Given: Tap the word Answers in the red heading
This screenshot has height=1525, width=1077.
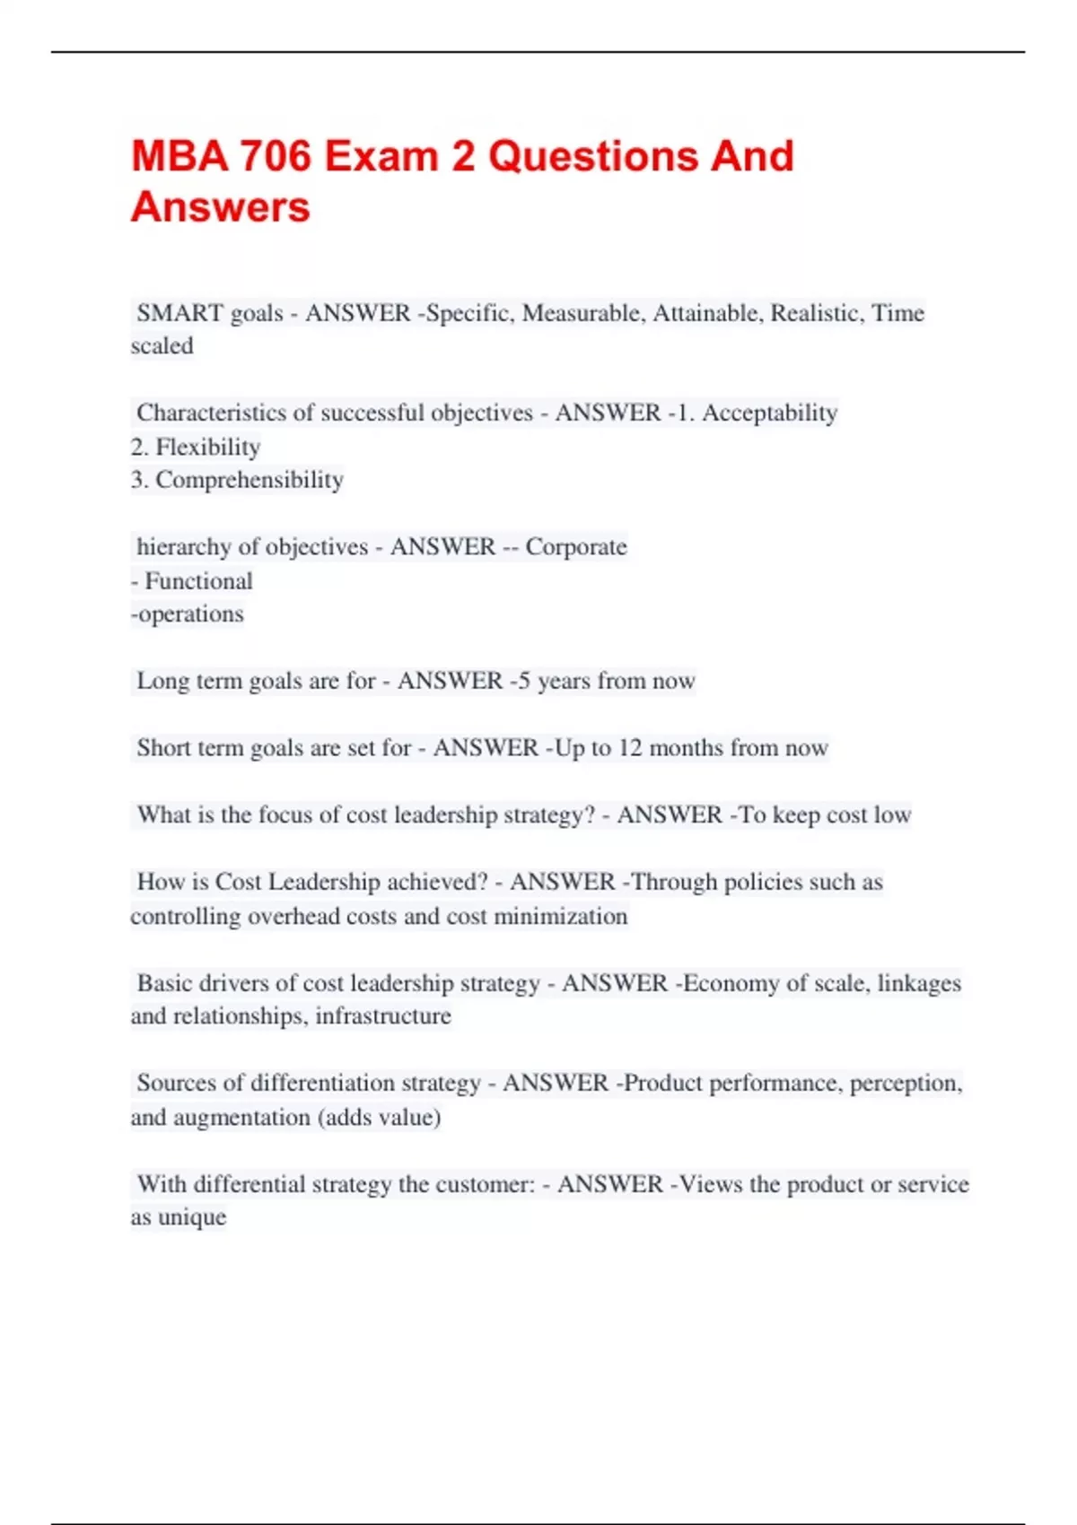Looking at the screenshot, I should (x=221, y=207).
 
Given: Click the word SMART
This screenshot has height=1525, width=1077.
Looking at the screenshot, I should (x=179, y=313).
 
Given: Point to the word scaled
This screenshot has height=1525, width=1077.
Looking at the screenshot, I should (x=162, y=346).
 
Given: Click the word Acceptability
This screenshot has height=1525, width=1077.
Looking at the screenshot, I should (x=769, y=413).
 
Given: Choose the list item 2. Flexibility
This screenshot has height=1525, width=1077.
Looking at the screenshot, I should (x=196, y=447).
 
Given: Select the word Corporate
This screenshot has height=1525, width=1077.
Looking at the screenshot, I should (x=576, y=547).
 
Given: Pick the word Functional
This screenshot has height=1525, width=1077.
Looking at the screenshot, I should (x=198, y=581).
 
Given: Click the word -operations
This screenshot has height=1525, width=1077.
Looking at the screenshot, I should (x=188, y=614).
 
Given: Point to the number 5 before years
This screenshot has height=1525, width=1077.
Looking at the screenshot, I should (x=524, y=681).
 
